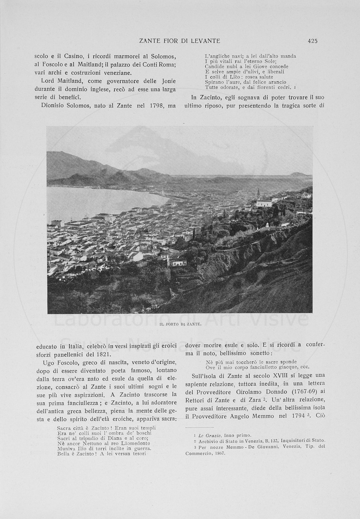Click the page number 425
pyautogui.click(x=312, y=41)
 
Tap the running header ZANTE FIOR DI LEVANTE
pyautogui.click(x=179, y=41)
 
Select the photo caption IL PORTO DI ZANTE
pyautogui.click(x=180, y=324)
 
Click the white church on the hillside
pyautogui.click(x=264, y=202)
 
